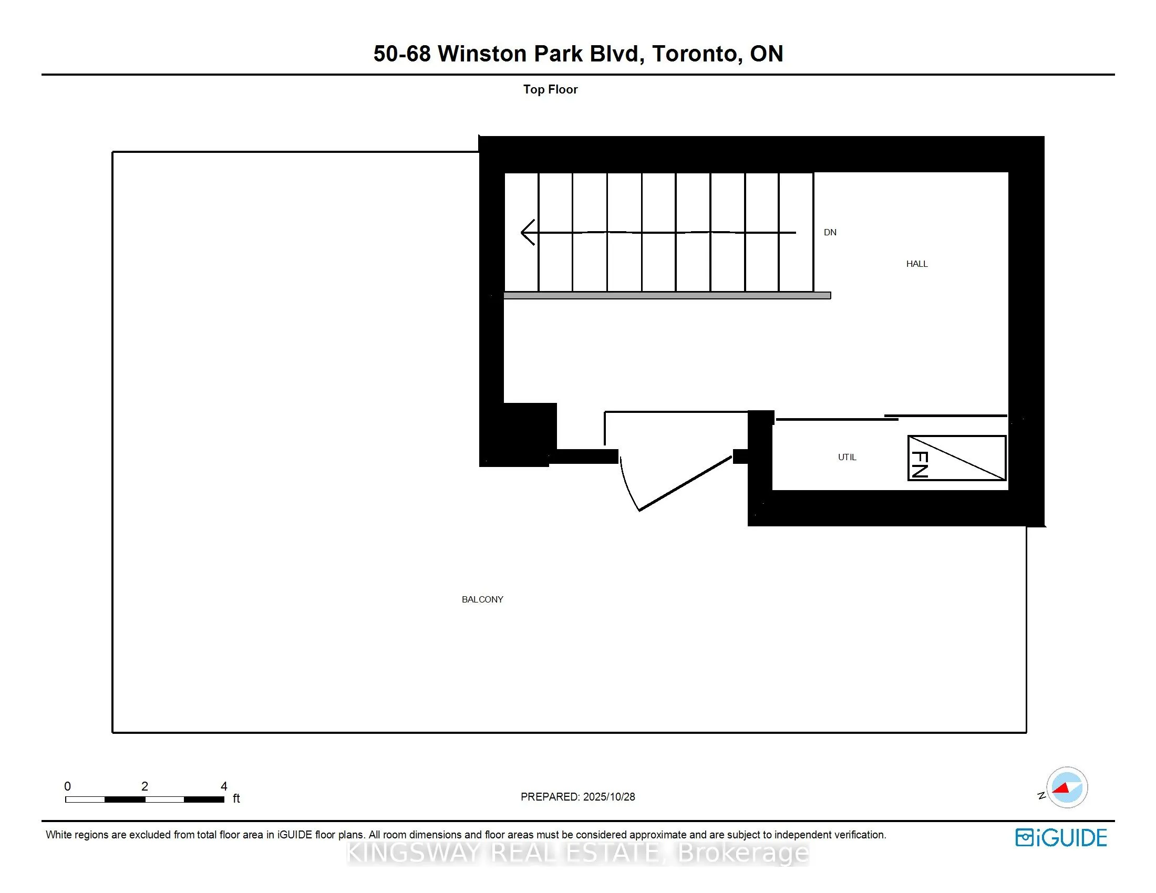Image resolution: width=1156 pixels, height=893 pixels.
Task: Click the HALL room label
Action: [916, 264]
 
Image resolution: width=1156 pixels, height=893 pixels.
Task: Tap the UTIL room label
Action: [847, 457]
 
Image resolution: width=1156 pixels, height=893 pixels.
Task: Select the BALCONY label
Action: [482, 599]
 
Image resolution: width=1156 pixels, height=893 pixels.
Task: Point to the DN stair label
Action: [829, 232]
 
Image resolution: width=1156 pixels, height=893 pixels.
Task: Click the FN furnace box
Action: [956, 458]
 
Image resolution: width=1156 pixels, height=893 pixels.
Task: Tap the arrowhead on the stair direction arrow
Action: [527, 232]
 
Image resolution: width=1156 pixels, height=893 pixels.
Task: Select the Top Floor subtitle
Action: [550, 89]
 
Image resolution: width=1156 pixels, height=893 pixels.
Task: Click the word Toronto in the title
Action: [694, 54]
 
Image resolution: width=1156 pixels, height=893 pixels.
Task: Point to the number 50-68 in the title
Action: [402, 54]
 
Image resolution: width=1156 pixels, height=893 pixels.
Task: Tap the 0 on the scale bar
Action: [67, 786]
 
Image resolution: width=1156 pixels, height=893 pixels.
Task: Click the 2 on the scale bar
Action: [145, 786]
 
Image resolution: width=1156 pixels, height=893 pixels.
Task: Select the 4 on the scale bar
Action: [224, 786]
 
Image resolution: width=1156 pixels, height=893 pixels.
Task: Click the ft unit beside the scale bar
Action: [236, 798]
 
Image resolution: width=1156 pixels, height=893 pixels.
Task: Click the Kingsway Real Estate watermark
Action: [577, 853]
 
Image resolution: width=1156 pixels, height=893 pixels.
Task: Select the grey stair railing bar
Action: [667, 296]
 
